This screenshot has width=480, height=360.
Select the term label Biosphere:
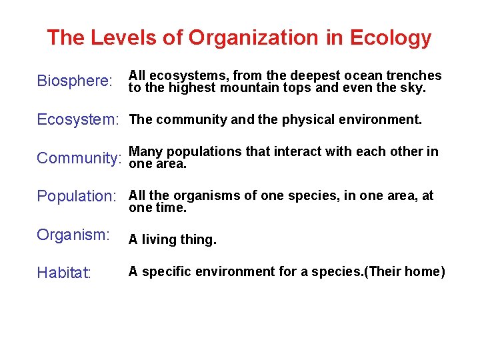click(x=74, y=81)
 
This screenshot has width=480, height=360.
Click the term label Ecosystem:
click(x=77, y=120)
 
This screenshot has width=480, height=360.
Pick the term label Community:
click(x=79, y=159)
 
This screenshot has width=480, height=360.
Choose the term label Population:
click(x=77, y=197)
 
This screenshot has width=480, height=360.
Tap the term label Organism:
click(x=73, y=235)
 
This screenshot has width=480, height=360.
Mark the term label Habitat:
click(x=64, y=273)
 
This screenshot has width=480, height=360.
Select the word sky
click(x=412, y=87)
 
